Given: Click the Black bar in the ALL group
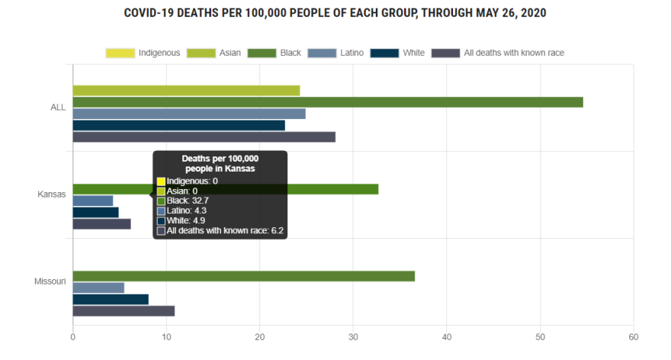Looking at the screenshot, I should coord(328,102).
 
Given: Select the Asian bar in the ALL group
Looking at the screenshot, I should coord(186,91).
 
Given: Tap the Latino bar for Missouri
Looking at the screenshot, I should coord(98,288).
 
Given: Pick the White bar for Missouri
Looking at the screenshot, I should coord(111,299).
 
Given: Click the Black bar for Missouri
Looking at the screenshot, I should coord(244,276).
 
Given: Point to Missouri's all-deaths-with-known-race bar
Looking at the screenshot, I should coord(124,310).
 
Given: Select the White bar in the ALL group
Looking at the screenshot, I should coord(178,125).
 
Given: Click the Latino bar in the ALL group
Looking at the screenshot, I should coord(189,114).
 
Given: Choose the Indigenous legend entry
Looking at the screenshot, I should coord(143,53).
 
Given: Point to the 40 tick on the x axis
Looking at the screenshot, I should coord(447,337).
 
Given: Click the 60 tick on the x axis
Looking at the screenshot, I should coord(633,337).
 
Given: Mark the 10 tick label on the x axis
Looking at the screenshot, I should coord(166,337).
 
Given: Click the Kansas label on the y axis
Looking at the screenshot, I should coord(51,194).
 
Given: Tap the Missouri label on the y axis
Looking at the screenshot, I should coord(50,281).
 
